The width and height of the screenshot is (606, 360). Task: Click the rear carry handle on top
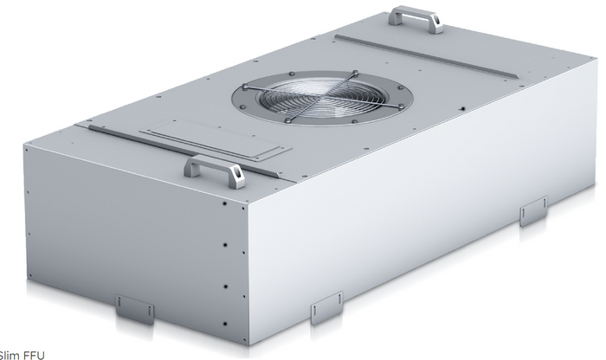pyautogui.click(x=416, y=17)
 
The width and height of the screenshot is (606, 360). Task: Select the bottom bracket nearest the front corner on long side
pyautogui.click(x=326, y=308)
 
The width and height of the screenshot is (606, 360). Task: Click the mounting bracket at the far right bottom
pyautogui.click(x=532, y=210)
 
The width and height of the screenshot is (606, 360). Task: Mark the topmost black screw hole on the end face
pyautogui.click(x=222, y=207)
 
